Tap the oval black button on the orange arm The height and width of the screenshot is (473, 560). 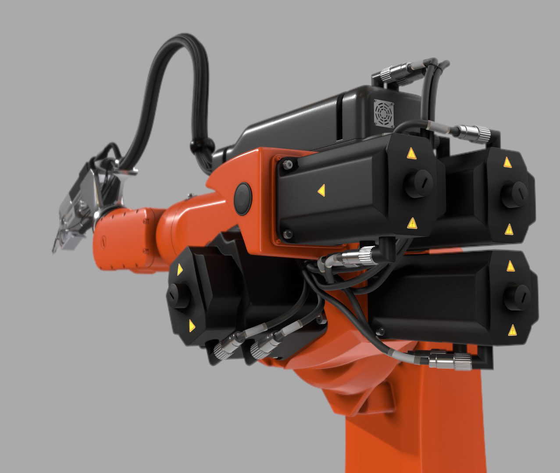pos(243,198)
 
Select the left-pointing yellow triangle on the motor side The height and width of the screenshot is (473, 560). pos(321,190)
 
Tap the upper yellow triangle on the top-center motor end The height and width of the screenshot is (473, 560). pos(411,153)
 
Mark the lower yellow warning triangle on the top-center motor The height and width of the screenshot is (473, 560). pos(412,224)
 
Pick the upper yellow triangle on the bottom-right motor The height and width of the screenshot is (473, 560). pos(510,266)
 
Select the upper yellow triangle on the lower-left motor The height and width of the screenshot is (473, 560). pos(179,270)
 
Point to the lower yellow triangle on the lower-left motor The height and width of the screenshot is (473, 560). pos(191,325)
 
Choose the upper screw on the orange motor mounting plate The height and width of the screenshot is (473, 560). pos(288,165)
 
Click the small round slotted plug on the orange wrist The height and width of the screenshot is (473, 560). pos(104,241)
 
